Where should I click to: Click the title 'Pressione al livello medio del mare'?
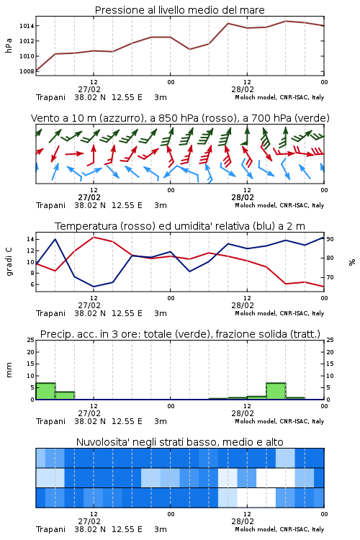point(179,10)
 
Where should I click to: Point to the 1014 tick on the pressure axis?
point(27,26)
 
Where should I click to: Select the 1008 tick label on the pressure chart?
point(27,71)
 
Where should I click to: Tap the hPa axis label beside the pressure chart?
point(9,45)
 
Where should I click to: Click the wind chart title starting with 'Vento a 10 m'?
point(180,118)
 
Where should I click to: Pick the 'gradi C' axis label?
point(9,262)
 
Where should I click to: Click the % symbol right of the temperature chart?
point(352,262)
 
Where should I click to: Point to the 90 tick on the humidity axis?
point(330,238)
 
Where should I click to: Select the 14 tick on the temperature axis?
point(30,239)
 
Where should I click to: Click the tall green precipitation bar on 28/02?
point(276,391)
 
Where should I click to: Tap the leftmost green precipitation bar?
point(45,391)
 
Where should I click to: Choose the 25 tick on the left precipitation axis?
point(30,340)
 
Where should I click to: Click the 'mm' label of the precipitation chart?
point(9,370)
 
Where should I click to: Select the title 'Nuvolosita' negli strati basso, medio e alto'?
point(179,442)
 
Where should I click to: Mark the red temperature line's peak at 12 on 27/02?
point(94,237)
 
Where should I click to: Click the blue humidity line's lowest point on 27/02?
point(94,287)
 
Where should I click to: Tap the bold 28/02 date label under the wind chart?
point(242,197)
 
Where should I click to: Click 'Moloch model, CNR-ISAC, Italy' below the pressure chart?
point(279,97)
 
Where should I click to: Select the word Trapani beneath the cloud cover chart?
point(50,529)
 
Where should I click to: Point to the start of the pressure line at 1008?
point(36,71)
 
